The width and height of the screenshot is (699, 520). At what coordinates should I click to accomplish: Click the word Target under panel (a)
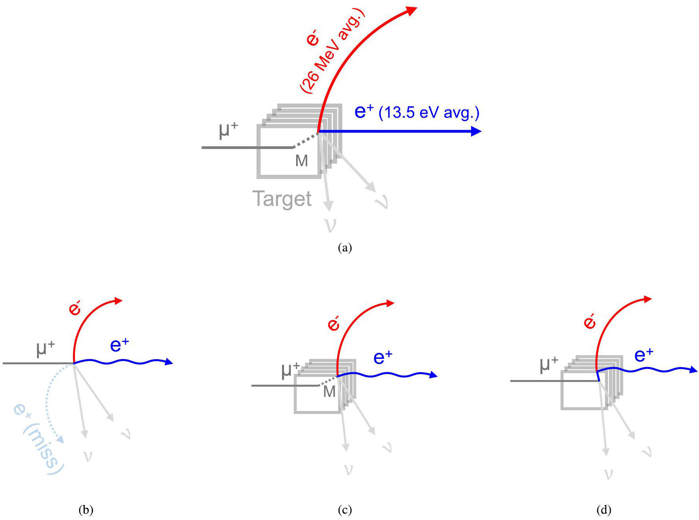tap(282, 199)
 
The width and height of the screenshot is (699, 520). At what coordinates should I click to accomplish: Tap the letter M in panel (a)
tap(301, 161)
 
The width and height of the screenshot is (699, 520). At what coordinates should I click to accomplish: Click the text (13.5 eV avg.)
tap(429, 113)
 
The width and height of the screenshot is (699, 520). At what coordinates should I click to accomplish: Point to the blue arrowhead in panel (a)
tap(476, 131)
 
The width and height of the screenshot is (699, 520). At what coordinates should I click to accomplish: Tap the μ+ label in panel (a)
tap(228, 129)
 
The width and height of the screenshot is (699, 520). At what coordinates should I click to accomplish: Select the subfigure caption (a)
tap(345, 247)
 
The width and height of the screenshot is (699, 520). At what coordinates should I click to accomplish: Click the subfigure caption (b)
tap(86, 509)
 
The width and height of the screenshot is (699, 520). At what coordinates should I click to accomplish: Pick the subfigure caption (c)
tap(345, 509)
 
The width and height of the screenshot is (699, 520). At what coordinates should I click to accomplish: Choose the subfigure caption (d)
tap(604, 509)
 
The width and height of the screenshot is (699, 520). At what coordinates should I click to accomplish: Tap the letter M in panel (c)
tap(329, 391)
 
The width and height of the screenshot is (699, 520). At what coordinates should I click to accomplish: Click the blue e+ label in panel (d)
tap(644, 355)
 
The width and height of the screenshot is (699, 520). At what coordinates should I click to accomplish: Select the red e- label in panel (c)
tap(333, 324)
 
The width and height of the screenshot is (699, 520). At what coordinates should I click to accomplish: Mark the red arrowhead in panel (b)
tap(118, 301)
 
